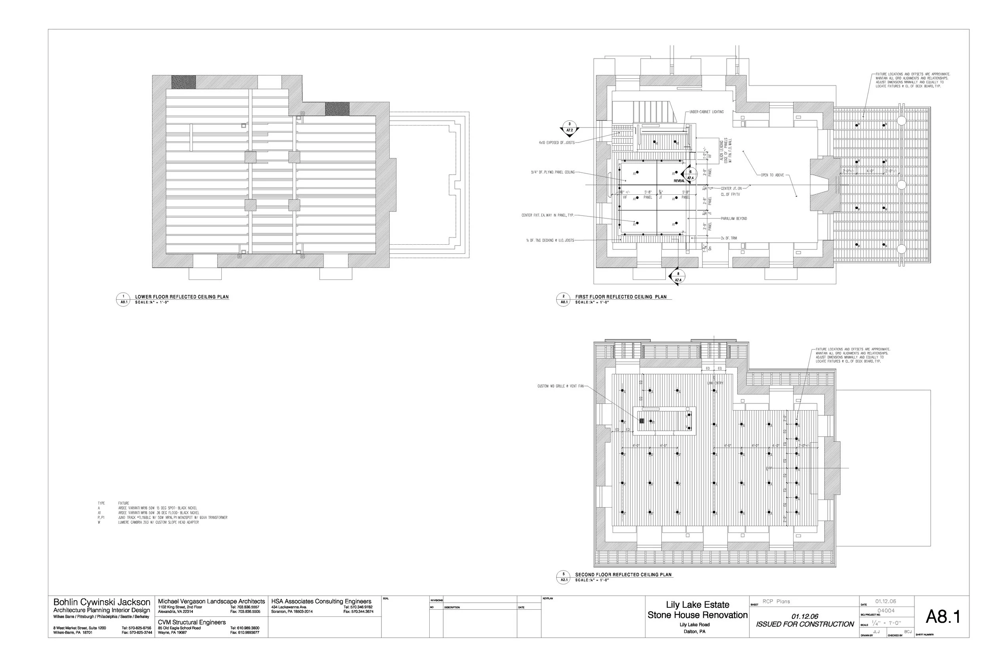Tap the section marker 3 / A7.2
[x=569, y=127]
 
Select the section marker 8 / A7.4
[x=678, y=276]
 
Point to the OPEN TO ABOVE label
[x=772, y=175]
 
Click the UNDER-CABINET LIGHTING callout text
[x=706, y=112]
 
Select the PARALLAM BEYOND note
[x=734, y=219]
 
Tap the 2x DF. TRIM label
[x=729, y=238]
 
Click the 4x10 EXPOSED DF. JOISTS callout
[x=556, y=143]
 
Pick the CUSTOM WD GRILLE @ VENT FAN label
[x=560, y=386]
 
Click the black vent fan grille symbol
[x=642, y=420]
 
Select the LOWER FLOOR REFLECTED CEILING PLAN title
[x=182, y=297]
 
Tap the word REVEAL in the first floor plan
[x=680, y=181]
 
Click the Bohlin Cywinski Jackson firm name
[x=101, y=602]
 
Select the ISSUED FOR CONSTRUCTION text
[x=804, y=624]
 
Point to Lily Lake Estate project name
[x=697, y=605]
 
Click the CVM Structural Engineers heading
[x=192, y=622]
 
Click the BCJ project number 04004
[x=885, y=611]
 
